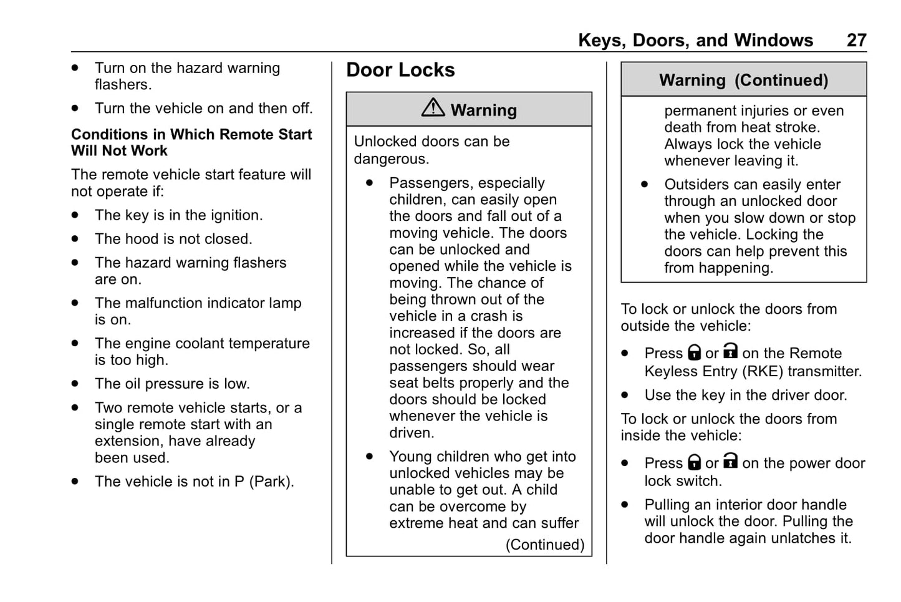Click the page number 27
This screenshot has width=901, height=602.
tap(856, 41)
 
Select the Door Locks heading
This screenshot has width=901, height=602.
tap(400, 70)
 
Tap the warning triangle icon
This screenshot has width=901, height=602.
tap(433, 108)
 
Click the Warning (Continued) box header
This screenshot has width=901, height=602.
tap(743, 80)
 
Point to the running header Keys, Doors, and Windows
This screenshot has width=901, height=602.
tap(695, 41)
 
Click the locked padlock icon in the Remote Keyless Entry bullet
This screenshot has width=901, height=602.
tap(694, 353)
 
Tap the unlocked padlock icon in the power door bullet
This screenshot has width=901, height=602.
tap(730, 462)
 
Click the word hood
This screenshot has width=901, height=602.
tap(140, 239)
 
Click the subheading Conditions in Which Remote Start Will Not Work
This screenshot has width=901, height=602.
tap(191, 142)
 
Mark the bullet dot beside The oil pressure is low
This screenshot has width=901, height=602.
tap(75, 384)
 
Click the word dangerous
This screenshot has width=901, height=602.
tap(390, 159)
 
